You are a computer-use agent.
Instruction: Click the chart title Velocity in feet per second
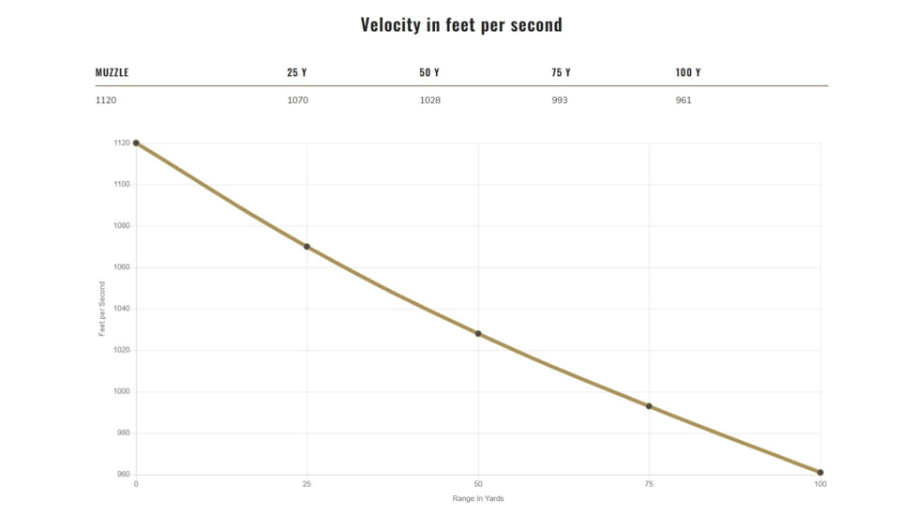[461, 25]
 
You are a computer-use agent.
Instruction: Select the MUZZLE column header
[112, 73]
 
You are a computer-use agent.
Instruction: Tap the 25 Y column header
[296, 73]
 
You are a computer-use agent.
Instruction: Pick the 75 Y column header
[561, 73]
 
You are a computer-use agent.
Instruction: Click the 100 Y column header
[687, 73]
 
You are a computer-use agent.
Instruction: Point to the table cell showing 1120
[106, 100]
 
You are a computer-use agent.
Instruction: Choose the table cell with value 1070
[297, 100]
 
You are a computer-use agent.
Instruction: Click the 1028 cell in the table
[429, 100]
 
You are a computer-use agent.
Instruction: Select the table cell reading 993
[560, 100]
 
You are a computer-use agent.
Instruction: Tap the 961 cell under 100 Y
[684, 100]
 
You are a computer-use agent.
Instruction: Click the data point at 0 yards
[136, 143]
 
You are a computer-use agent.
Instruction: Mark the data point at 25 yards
[307, 247]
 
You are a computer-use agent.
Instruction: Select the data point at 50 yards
[478, 334]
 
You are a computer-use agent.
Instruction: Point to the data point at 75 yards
[649, 406]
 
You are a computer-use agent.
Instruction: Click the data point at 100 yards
[820, 473]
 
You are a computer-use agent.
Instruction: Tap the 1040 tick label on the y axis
[122, 309]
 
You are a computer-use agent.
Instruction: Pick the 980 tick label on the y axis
[124, 433]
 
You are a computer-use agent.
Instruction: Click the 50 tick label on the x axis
[478, 484]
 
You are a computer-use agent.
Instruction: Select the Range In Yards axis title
[478, 498]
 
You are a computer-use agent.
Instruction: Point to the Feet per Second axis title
[102, 309]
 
